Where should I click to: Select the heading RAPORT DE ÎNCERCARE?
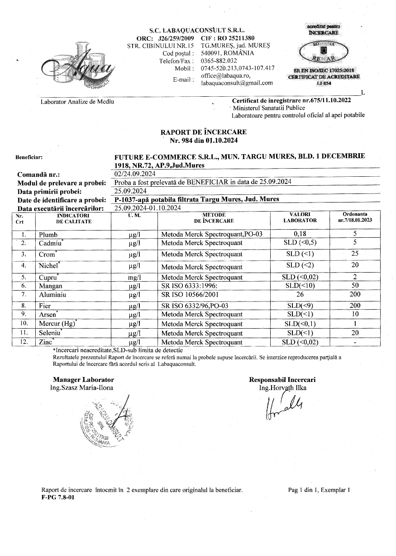[204, 132]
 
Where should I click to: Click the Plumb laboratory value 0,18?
[300, 234]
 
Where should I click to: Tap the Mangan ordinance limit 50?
[355, 286]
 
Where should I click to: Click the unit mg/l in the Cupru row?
[134, 277]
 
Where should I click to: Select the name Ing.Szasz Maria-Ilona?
[82, 387]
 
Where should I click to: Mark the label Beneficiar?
[29, 158]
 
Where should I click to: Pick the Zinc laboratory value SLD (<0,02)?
[300, 342]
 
